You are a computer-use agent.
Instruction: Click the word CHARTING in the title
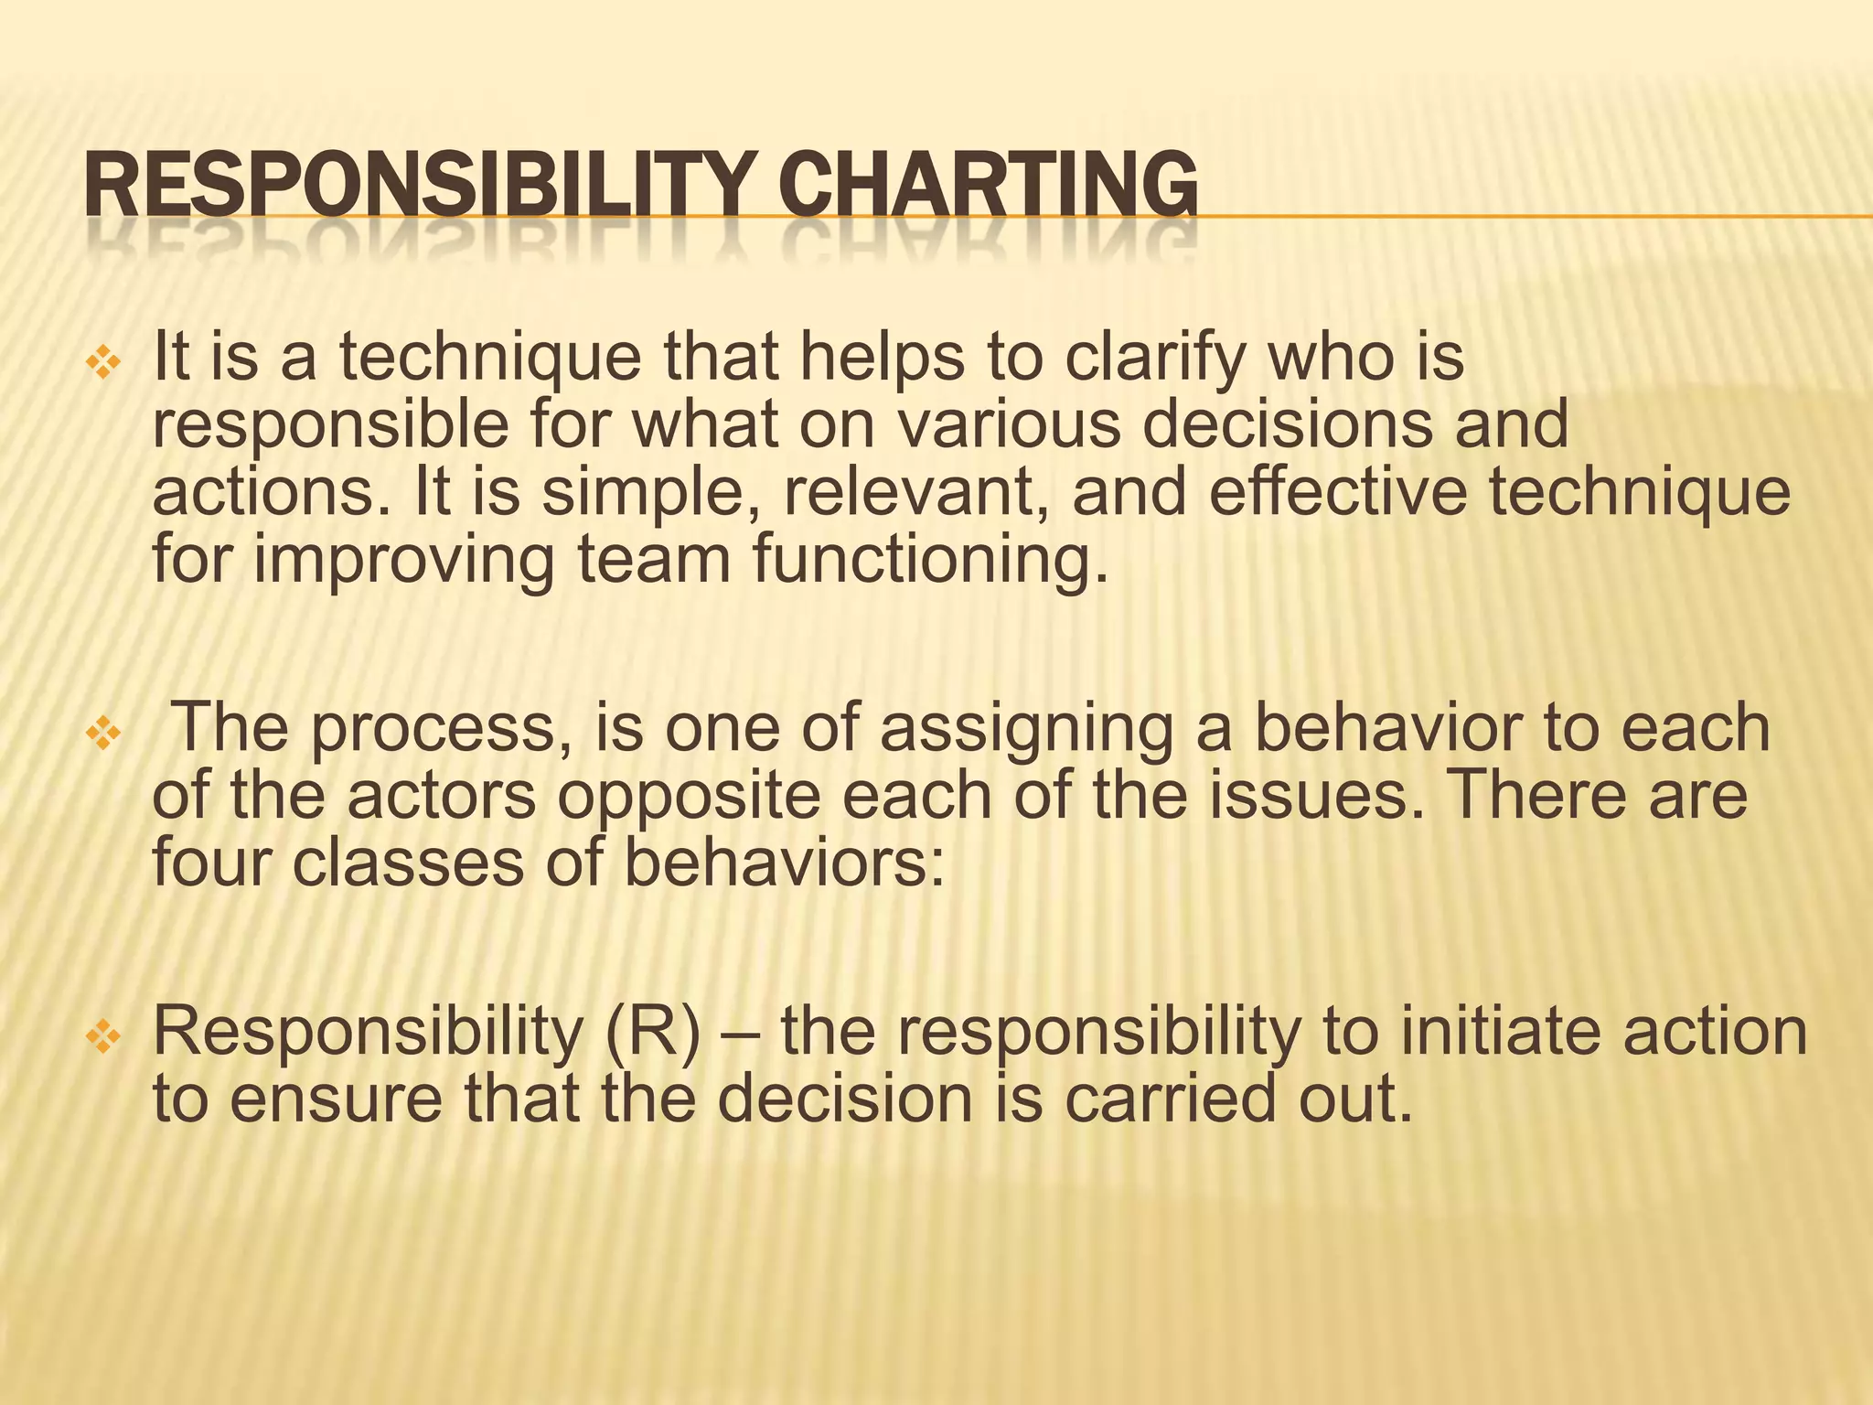(x=988, y=185)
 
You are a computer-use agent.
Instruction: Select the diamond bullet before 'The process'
(x=102, y=734)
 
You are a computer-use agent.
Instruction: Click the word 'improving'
(x=403, y=560)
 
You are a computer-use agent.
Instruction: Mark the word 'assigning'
(x=1025, y=729)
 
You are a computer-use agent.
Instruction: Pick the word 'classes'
(x=408, y=862)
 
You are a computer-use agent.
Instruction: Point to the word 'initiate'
(x=1500, y=1032)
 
